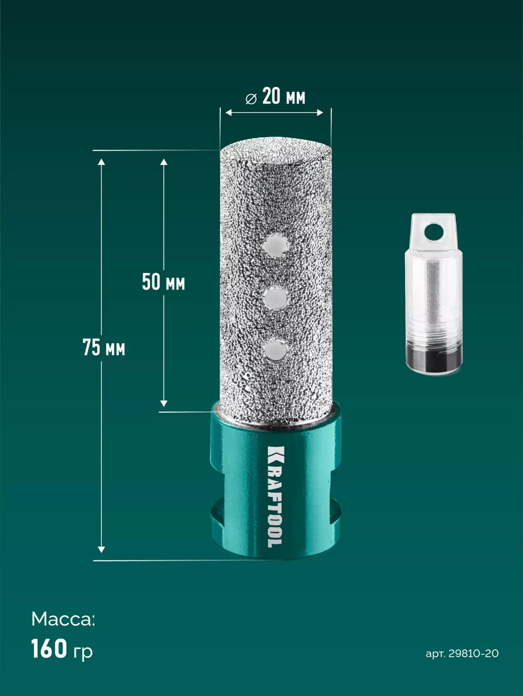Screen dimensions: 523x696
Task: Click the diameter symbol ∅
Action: point(251,99)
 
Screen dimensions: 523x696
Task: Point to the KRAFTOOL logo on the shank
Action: point(275,496)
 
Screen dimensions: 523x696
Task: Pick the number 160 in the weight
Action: point(49,649)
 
